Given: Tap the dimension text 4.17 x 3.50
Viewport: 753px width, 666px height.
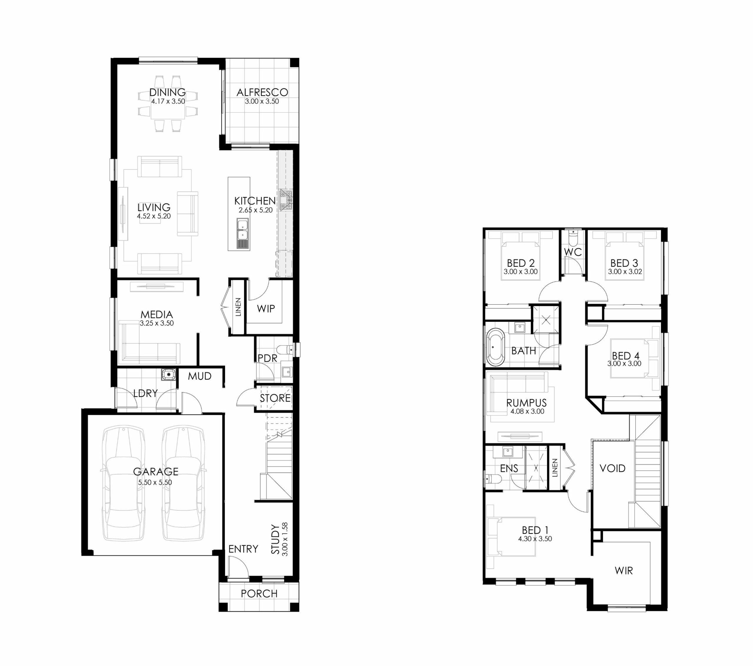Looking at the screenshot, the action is [x=168, y=101].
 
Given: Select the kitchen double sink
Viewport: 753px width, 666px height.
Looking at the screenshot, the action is [x=242, y=229].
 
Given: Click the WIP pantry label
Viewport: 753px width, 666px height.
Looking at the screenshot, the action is [x=266, y=309].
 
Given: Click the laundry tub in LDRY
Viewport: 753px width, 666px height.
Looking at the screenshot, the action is [x=168, y=374].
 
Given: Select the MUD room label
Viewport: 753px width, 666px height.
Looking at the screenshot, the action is [x=200, y=376].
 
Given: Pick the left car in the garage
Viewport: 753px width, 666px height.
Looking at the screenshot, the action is [x=123, y=483].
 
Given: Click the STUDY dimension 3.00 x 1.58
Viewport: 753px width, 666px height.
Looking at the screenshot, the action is [x=284, y=539].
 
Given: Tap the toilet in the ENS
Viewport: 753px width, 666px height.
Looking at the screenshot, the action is [x=493, y=478].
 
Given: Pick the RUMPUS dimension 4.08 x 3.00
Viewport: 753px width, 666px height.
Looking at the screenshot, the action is [x=527, y=411].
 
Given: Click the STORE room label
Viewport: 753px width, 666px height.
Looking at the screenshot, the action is [x=275, y=398].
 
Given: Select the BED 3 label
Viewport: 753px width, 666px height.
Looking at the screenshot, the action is [x=624, y=263].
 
